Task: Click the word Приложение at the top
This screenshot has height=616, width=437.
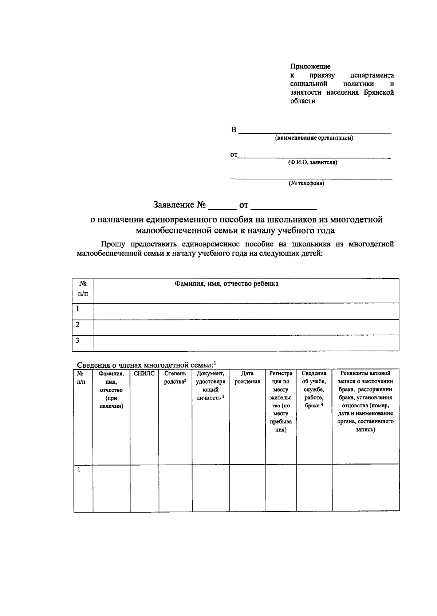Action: coord(310,67)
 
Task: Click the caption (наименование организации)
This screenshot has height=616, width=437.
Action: coord(314,138)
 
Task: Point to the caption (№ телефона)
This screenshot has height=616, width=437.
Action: coord(306,183)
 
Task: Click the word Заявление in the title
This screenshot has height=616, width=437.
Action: coord(174,205)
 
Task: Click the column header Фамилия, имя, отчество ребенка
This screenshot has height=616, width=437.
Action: coord(227,284)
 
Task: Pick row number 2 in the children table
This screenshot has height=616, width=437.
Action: coord(78,325)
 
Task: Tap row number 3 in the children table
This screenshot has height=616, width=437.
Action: coord(78,341)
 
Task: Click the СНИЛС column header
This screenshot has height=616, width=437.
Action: coord(144,374)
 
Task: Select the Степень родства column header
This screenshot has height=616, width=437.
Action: coord(175,378)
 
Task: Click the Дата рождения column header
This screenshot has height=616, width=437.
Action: coord(247,378)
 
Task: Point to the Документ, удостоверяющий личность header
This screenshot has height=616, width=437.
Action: coord(210,386)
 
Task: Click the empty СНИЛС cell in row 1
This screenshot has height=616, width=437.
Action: coord(144,488)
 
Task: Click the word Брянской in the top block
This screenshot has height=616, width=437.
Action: coord(379,93)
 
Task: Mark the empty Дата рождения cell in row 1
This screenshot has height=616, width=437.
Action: coord(247,488)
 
